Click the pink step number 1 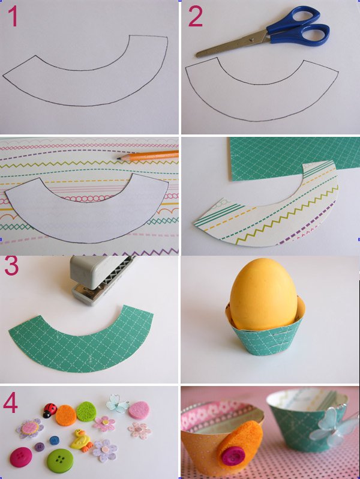(13, 16)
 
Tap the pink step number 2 (195, 16)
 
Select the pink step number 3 (11, 266)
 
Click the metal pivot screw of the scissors (251, 40)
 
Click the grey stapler (98, 279)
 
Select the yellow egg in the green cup (263, 294)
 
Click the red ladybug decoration (50, 410)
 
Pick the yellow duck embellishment (82, 440)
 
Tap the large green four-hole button (60, 460)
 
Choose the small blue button (55, 440)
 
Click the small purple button (40, 447)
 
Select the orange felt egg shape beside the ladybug (65, 415)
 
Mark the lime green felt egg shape (86, 412)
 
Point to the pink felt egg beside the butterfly (139, 409)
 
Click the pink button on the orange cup (233, 456)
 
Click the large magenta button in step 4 (21, 457)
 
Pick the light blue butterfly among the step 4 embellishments (117, 403)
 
